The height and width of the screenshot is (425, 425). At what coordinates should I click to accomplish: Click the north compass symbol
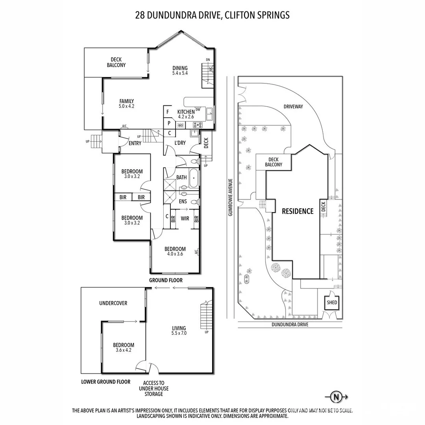coord(336,397)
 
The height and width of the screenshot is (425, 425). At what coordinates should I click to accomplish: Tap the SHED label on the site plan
coord(332,303)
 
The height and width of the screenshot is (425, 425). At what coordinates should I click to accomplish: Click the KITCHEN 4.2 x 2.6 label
coord(186,114)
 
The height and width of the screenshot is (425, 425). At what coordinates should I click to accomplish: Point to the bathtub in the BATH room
coord(194,178)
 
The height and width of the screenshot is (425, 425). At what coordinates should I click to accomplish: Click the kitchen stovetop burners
coord(197,125)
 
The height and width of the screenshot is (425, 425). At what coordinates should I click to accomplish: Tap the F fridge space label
coord(168,112)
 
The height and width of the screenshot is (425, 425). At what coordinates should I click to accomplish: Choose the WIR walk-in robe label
coord(185,218)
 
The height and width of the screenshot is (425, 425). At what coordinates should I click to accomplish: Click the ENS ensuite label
coord(183,201)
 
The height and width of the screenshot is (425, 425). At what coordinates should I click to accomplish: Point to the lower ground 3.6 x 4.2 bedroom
coord(124,347)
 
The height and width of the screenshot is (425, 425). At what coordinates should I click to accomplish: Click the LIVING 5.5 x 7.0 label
coord(179,331)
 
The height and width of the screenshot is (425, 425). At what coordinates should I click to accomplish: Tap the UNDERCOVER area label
coord(113,303)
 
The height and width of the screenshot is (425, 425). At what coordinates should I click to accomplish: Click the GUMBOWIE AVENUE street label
coord(230,197)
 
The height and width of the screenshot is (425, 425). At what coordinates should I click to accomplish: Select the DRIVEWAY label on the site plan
coord(293,107)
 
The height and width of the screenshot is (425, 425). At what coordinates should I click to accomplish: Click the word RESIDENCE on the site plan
coord(297,211)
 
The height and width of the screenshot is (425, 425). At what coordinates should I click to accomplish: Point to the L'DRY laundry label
coord(180,143)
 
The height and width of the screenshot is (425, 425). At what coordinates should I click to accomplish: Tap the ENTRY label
coord(135,143)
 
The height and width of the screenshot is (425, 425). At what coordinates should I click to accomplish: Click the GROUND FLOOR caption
coord(166,280)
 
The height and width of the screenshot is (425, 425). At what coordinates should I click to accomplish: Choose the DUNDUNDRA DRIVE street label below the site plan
coord(290,324)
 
